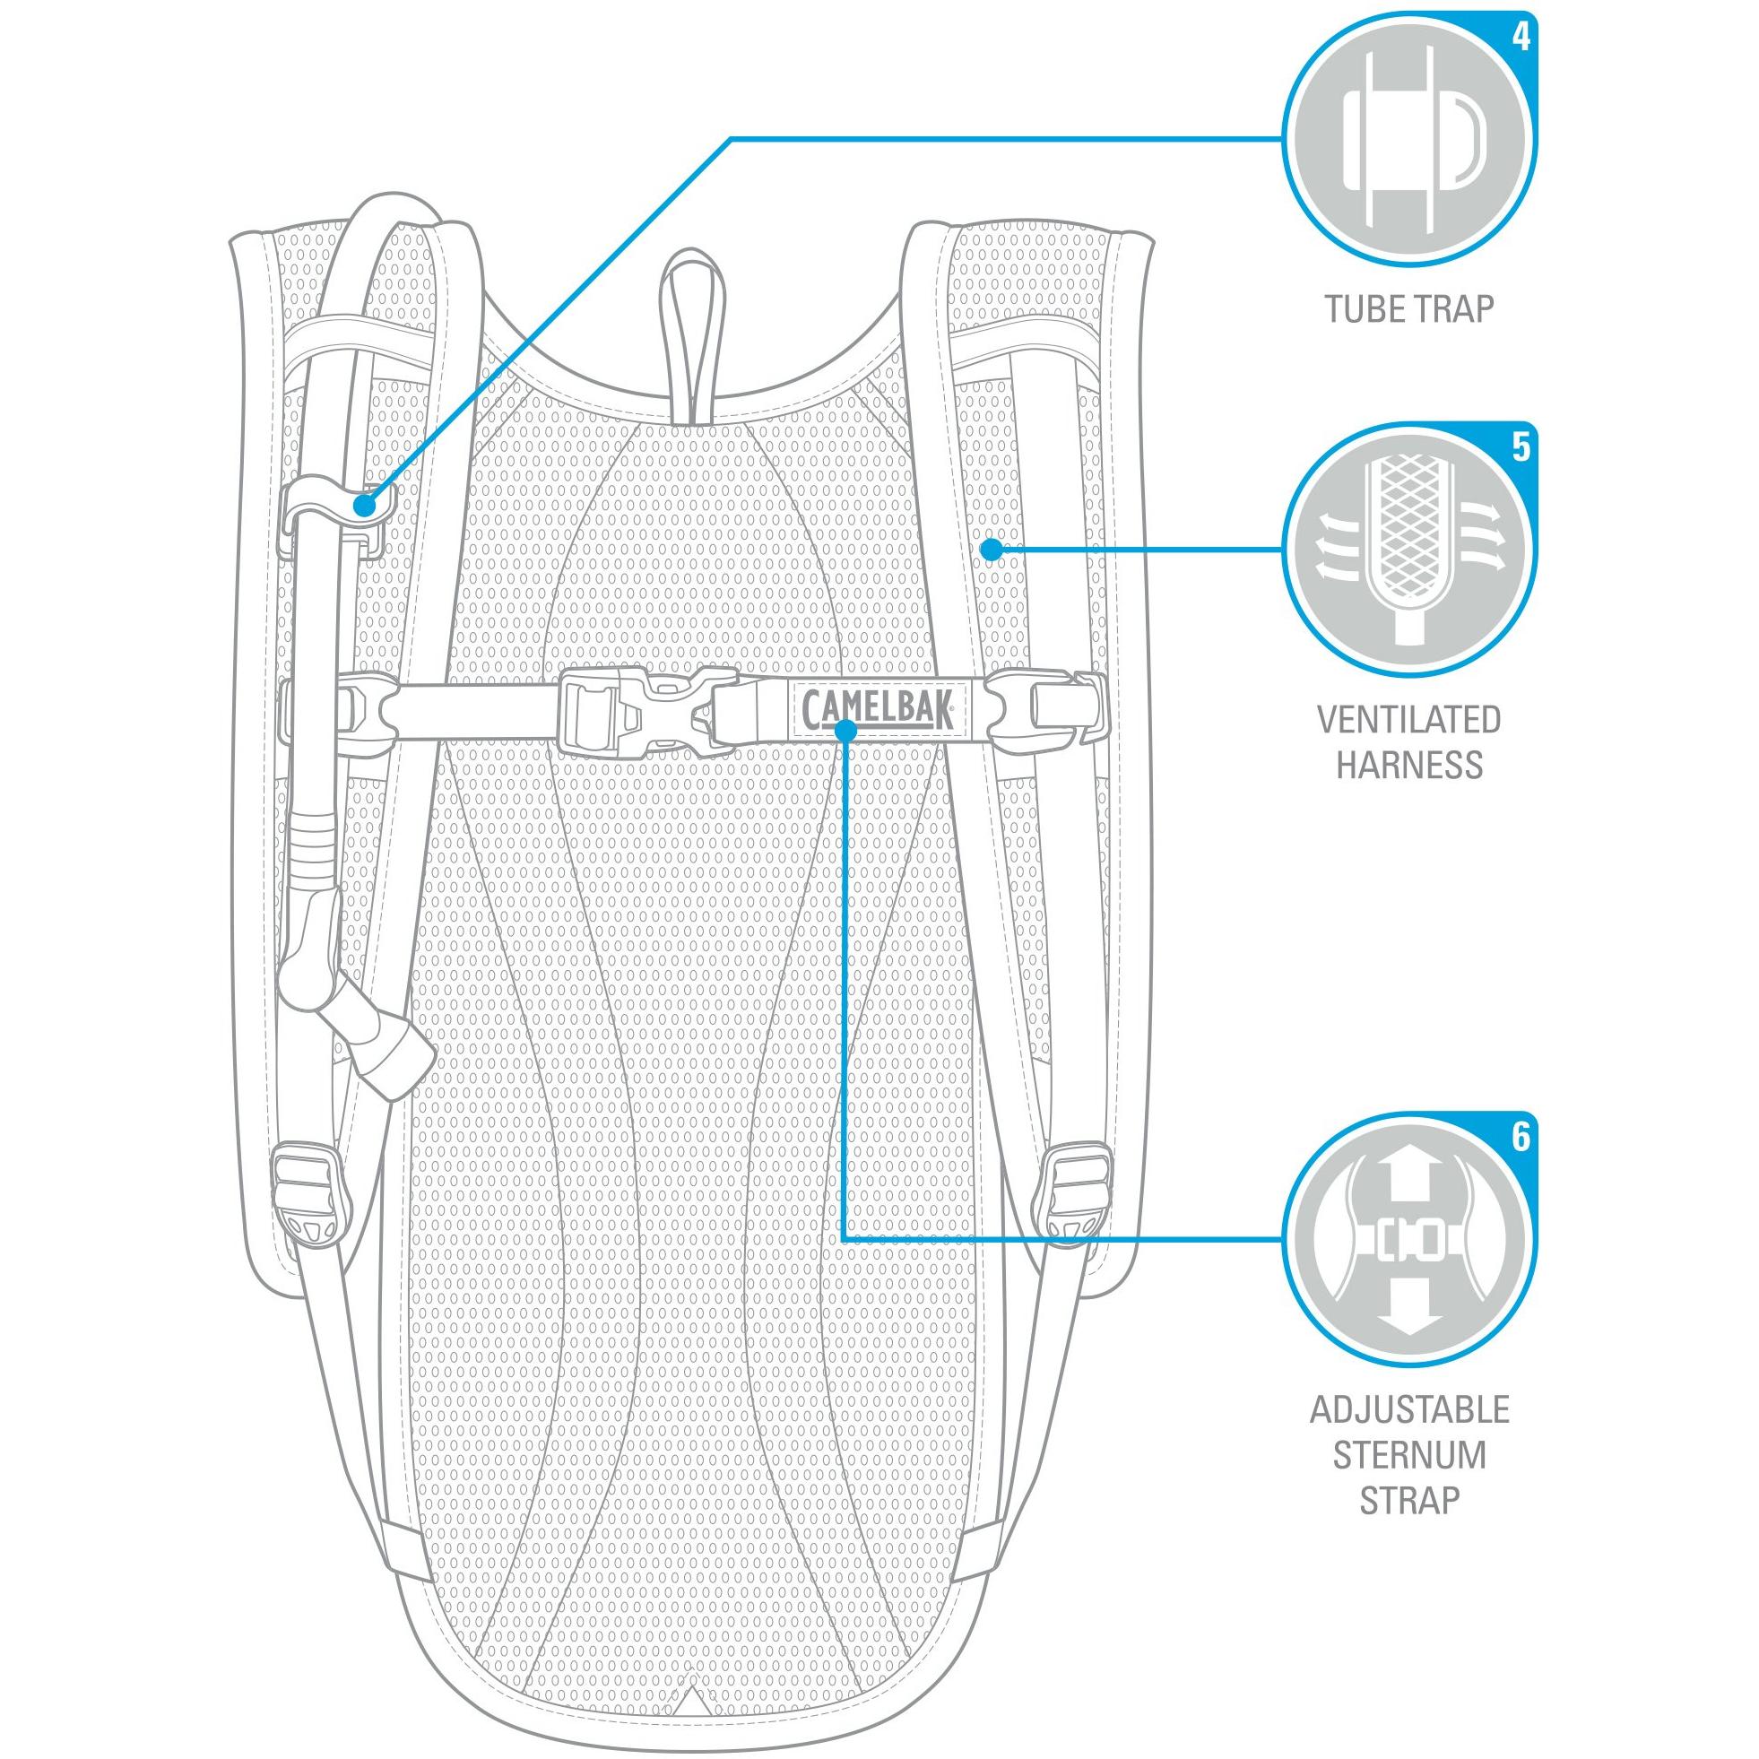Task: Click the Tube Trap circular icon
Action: point(1409,138)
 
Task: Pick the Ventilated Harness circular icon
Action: point(1409,549)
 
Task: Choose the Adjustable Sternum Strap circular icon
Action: point(1409,1238)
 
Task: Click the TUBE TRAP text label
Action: point(1409,309)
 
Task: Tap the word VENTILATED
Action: point(1409,719)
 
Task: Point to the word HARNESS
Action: point(1409,765)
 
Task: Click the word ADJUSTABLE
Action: point(1409,1410)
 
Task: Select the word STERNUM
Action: point(1409,1455)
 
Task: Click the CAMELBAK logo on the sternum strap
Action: point(878,706)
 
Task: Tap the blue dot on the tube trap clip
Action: point(364,505)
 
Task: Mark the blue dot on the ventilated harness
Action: point(991,549)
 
